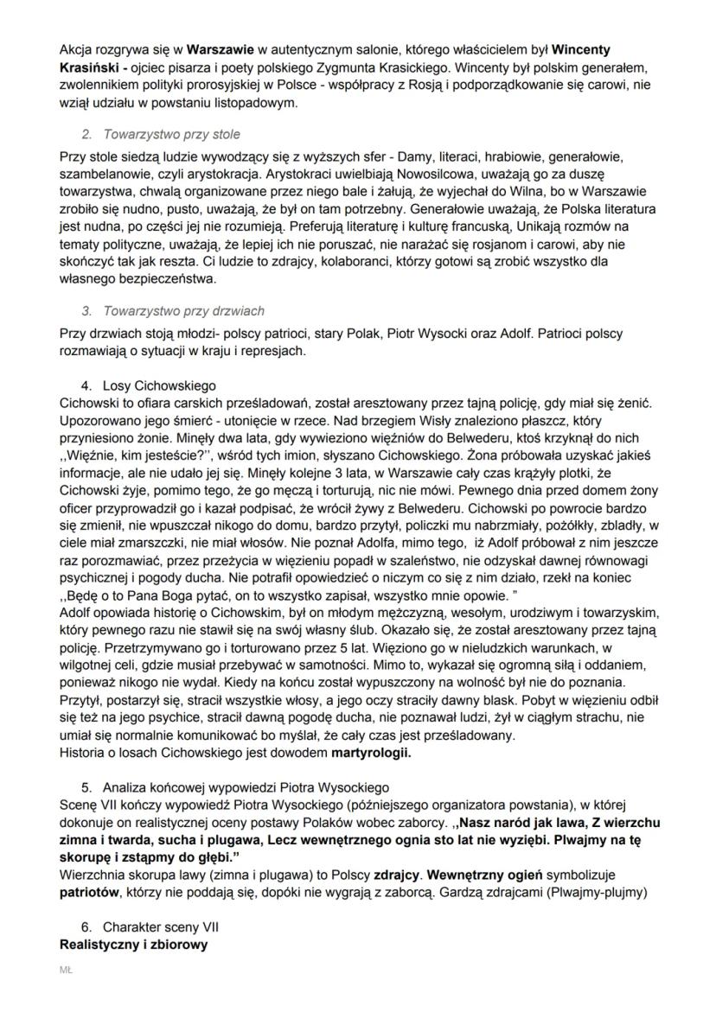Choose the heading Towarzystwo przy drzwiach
click(x=183, y=310)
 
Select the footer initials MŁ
click(x=65, y=971)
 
